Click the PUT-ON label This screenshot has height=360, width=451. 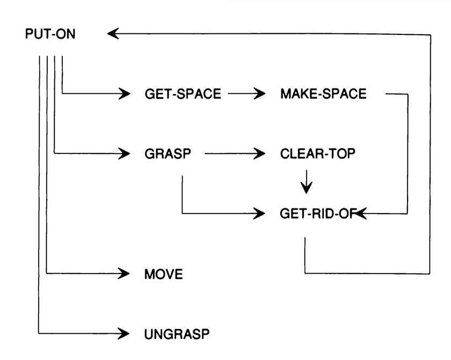(51, 34)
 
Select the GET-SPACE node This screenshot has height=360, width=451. (183, 94)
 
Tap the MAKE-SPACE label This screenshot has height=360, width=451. (323, 94)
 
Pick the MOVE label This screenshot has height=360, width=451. (164, 275)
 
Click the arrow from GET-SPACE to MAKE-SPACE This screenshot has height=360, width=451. (247, 94)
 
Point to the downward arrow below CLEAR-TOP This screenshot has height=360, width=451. (306, 183)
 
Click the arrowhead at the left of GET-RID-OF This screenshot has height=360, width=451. (261, 214)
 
